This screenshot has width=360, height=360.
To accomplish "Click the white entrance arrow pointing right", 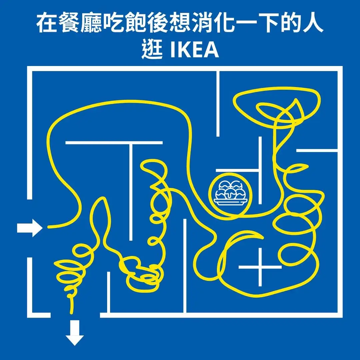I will click(30, 228).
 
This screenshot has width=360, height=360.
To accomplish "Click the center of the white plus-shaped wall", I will click(260, 267).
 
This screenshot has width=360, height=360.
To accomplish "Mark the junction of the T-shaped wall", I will click(130, 143).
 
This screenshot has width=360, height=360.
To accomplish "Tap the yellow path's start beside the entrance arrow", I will click(49, 227).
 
